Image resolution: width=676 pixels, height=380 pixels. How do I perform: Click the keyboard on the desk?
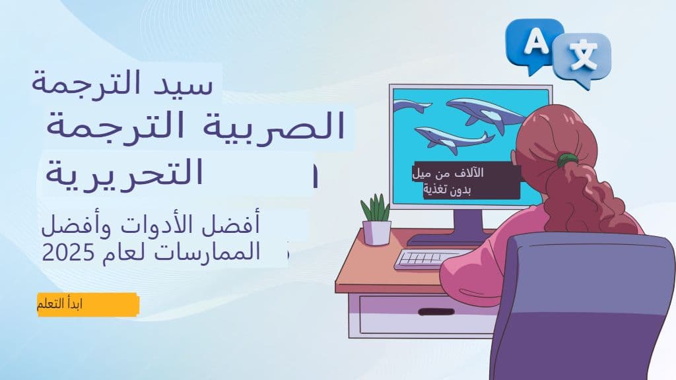(x=429, y=259)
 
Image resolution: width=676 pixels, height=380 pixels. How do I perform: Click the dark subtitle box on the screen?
(x=465, y=182)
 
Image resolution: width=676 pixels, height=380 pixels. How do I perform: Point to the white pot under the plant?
(x=376, y=232)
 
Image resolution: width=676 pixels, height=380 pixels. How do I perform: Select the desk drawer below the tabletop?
(x=422, y=315)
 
